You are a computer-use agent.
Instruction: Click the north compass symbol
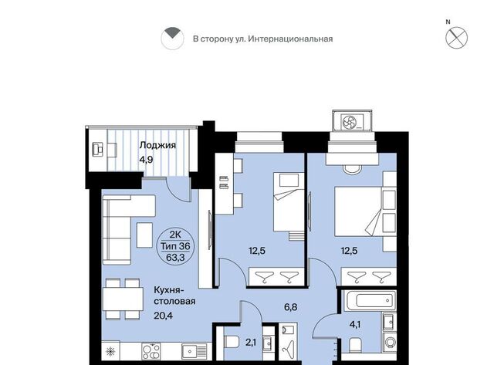[x=456, y=38]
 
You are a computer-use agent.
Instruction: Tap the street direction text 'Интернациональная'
[x=290, y=39]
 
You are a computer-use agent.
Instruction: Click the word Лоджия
[x=157, y=145]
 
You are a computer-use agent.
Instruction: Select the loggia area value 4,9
[x=146, y=160]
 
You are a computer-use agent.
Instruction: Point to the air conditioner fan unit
[x=352, y=121]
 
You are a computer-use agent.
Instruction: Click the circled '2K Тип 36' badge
[x=175, y=247]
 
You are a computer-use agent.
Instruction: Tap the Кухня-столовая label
[x=174, y=296]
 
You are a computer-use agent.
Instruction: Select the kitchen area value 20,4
[x=163, y=316]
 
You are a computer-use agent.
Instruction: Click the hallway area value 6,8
[x=290, y=307]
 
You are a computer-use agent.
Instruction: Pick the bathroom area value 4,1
[x=355, y=324]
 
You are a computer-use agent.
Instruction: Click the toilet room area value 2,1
[x=251, y=343]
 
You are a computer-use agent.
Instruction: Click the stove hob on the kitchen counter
[x=151, y=351]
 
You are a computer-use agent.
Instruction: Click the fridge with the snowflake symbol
[x=111, y=351]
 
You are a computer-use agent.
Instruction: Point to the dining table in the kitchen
[x=123, y=299]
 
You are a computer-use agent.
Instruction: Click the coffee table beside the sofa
[x=144, y=235]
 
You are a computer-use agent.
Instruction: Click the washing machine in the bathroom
[x=390, y=343]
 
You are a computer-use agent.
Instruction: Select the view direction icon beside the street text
[x=172, y=38]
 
